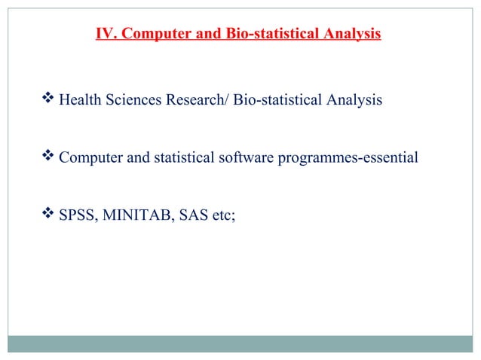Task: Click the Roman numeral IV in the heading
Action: point(106,34)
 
